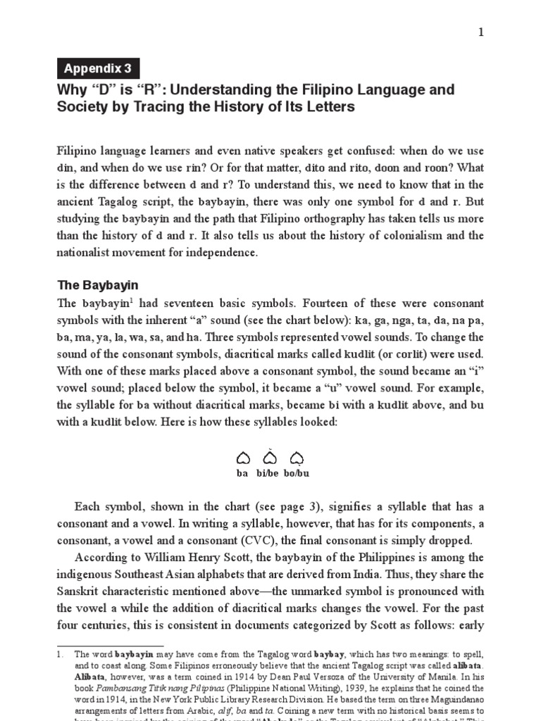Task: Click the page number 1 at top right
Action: point(481,33)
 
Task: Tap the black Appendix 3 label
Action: point(98,68)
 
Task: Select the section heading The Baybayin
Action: point(97,285)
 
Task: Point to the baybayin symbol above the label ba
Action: point(243,459)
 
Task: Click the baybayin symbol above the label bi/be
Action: point(270,458)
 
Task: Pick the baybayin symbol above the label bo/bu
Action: point(297,459)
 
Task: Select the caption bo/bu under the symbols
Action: point(297,474)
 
